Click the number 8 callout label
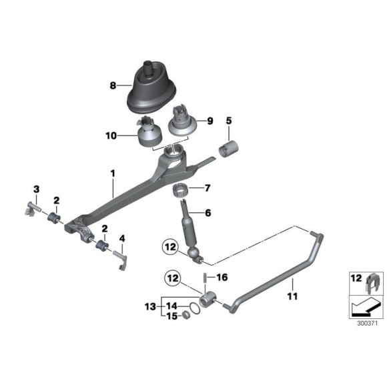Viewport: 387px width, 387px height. [113, 85]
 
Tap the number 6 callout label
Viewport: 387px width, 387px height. [208, 213]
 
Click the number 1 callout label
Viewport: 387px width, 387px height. [113, 173]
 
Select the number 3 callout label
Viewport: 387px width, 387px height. [37, 189]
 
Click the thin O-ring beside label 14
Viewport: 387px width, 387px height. [193, 308]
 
